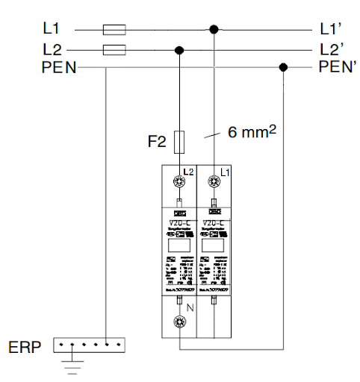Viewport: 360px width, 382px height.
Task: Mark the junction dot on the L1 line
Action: (215, 30)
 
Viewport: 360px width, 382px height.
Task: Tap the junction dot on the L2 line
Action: (179, 50)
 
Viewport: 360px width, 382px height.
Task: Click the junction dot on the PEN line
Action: (283, 68)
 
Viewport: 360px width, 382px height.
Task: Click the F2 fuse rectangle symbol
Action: (179, 140)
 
